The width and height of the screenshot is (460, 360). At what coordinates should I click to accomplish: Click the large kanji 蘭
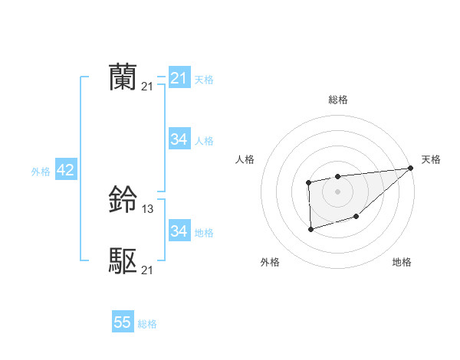pyautogui.click(x=123, y=78)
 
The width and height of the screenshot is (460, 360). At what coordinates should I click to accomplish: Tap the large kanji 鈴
pyautogui.click(x=123, y=201)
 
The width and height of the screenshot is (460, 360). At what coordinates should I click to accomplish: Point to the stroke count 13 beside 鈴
pyautogui.click(x=148, y=209)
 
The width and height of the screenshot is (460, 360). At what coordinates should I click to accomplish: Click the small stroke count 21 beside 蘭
pyautogui.click(x=147, y=87)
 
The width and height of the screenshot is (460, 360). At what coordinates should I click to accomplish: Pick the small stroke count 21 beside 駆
pyautogui.click(x=147, y=270)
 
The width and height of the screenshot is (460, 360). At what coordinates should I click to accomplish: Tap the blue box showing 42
pyautogui.click(x=65, y=170)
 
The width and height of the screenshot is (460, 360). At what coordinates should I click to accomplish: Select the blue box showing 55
pyautogui.click(x=123, y=322)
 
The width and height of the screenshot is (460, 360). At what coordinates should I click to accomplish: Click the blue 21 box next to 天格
pyautogui.click(x=179, y=78)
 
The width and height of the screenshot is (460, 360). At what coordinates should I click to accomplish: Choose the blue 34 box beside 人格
pyautogui.click(x=179, y=139)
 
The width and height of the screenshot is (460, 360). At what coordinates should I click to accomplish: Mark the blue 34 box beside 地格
pyautogui.click(x=179, y=231)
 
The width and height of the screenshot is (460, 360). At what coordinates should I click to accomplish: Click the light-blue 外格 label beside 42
pyautogui.click(x=41, y=172)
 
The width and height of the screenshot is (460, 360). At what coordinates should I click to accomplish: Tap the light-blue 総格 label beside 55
pyautogui.click(x=147, y=324)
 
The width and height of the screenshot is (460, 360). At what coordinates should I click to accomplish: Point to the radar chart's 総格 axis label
pyautogui.click(x=337, y=100)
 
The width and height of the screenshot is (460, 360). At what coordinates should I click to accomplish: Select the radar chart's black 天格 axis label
pyautogui.click(x=431, y=159)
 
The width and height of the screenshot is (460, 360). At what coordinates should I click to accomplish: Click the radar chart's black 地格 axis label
pyautogui.click(x=402, y=263)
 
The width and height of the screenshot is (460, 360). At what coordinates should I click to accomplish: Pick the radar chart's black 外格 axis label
pyautogui.click(x=270, y=263)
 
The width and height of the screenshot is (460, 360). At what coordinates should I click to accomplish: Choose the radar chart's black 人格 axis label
pyautogui.click(x=245, y=159)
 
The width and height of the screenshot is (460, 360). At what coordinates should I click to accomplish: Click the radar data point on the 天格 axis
pyautogui.click(x=410, y=168)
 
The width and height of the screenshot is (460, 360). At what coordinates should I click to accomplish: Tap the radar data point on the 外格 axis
pyautogui.click(x=310, y=228)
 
